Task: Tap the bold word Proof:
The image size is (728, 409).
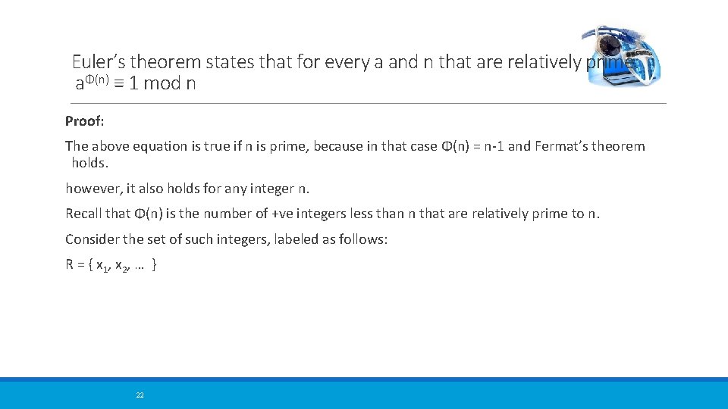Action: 84,120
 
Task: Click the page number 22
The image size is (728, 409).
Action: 140,395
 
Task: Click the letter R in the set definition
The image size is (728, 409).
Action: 70,264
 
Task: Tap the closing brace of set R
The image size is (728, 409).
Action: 155,265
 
